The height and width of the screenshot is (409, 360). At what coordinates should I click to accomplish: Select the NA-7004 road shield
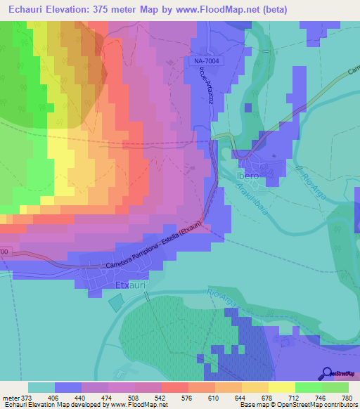(203, 62)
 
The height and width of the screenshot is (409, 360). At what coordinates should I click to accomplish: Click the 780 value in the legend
(345, 398)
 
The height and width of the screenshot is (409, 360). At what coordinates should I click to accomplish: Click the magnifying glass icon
(327, 374)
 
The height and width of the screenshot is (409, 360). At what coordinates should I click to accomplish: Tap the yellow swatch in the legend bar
(281, 387)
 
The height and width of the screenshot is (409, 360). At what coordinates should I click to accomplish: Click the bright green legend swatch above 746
(308, 387)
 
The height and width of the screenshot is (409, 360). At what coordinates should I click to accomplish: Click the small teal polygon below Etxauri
(116, 303)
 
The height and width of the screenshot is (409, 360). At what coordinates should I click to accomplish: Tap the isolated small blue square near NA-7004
(247, 108)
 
